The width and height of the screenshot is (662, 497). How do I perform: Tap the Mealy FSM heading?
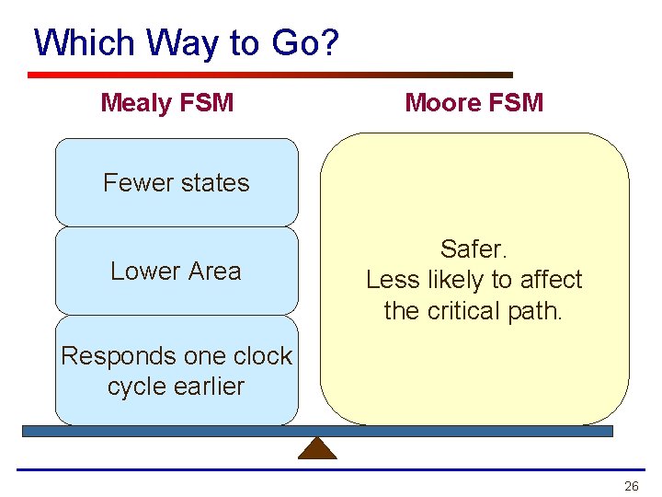click(166, 102)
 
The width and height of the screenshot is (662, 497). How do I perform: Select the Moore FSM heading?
click(474, 102)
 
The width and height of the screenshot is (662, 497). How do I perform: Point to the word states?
click(215, 182)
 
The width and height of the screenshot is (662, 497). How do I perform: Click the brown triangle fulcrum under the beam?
click(317, 448)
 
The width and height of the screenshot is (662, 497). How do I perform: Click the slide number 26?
click(631, 486)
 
